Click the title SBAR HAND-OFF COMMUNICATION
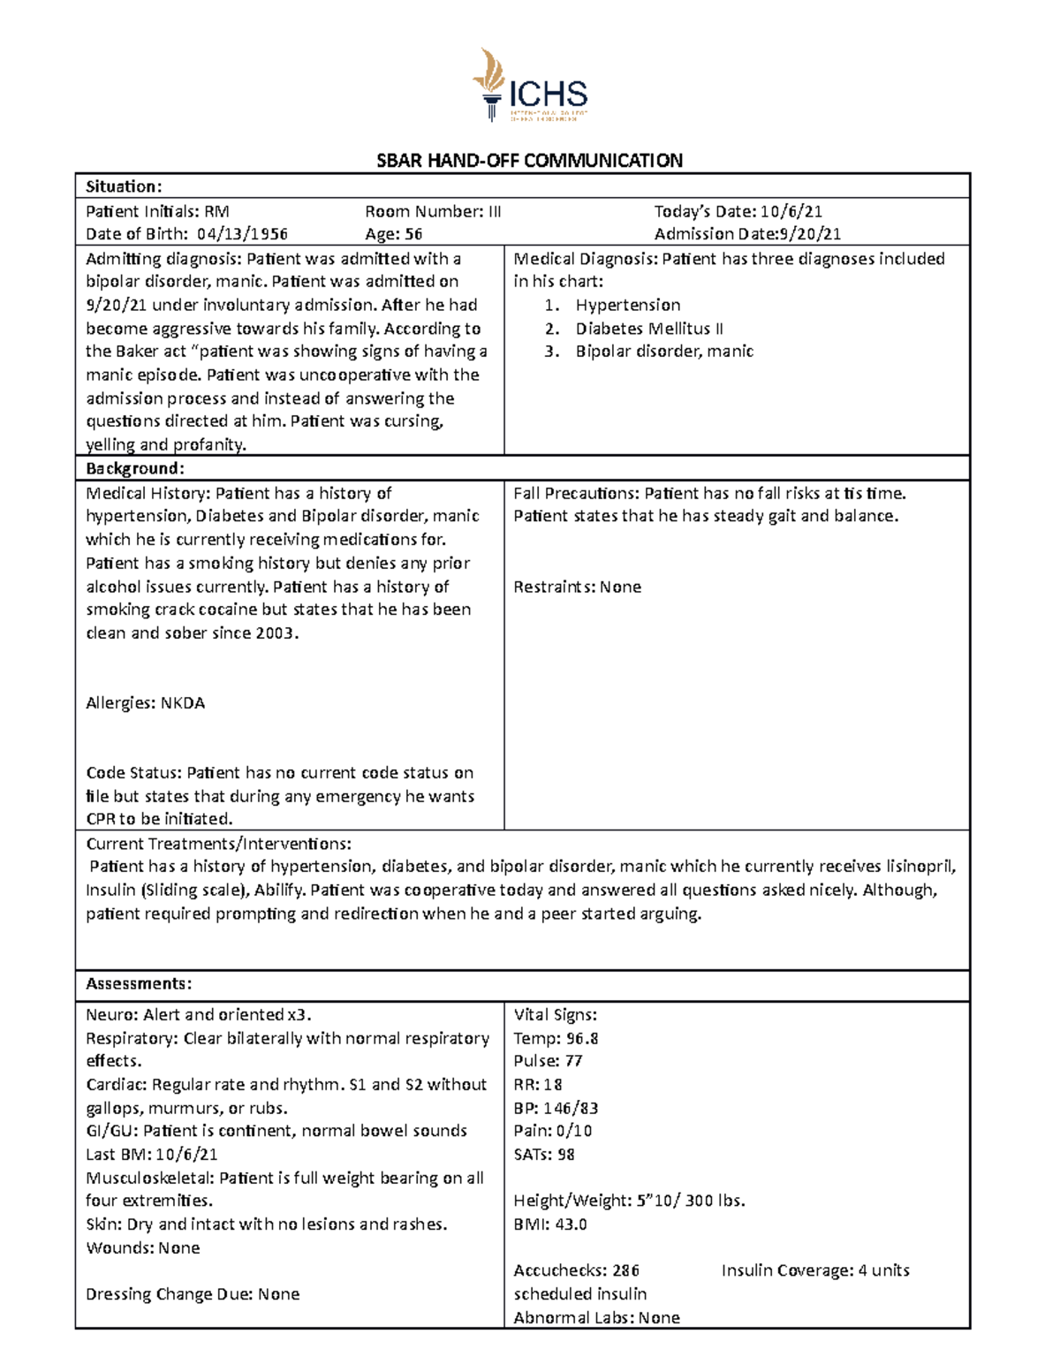coord(529,161)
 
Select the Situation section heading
coord(124,186)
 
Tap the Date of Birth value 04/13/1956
coord(242,234)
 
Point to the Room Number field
coord(433,211)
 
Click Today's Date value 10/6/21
coord(791,211)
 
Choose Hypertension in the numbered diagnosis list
coord(627,305)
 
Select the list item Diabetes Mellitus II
coord(649,329)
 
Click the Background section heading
coord(135,468)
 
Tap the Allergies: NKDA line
coord(145,703)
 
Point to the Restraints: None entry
coord(577,587)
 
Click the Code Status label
coord(133,773)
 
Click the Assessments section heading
coord(139,984)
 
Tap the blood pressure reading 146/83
coord(571,1108)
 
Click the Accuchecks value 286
coord(625,1270)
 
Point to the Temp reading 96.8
coord(582,1038)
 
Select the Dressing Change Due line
coord(193,1294)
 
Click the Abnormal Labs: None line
coord(596,1318)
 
